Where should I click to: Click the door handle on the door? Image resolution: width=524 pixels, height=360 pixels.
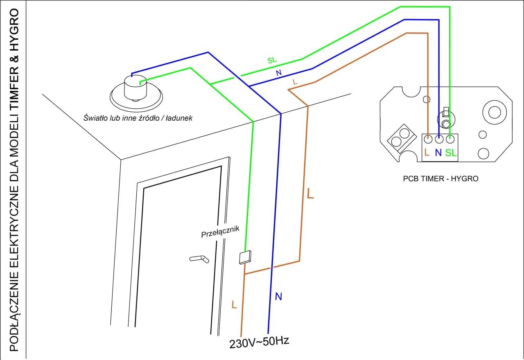pyautogui.click(x=199, y=259)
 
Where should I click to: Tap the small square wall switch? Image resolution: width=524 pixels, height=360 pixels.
pyautogui.click(x=244, y=257)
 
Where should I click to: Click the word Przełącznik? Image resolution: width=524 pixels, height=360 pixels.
pyautogui.click(x=219, y=232)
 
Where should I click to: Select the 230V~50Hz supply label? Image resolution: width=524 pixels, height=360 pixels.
pyautogui.click(x=259, y=342)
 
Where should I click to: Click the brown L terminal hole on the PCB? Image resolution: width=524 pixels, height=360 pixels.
pyautogui.click(x=428, y=140)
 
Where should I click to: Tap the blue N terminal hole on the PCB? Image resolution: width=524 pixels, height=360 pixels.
pyautogui.click(x=439, y=140)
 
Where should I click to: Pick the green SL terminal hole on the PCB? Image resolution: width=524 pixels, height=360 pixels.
pyautogui.click(x=450, y=140)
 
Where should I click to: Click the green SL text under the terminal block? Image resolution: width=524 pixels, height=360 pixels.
pyautogui.click(x=451, y=153)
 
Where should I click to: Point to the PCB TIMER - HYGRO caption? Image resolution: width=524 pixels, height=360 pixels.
pyautogui.click(x=440, y=179)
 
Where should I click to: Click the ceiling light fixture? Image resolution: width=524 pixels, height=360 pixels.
pyautogui.click(x=136, y=92)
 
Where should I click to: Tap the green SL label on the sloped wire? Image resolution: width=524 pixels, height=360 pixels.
pyautogui.click(x=272, y=60)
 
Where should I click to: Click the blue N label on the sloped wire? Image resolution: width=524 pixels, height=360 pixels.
pyautogui.click(x=279, y=73)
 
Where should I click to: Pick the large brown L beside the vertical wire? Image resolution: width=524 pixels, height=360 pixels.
pyautogui.click(x=310, y=193)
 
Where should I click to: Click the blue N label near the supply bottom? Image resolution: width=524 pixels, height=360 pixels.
pyautogui.click(x=278, y=297)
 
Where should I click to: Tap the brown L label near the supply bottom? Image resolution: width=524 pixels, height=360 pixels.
pyautogui.click(x=234, y=305)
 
